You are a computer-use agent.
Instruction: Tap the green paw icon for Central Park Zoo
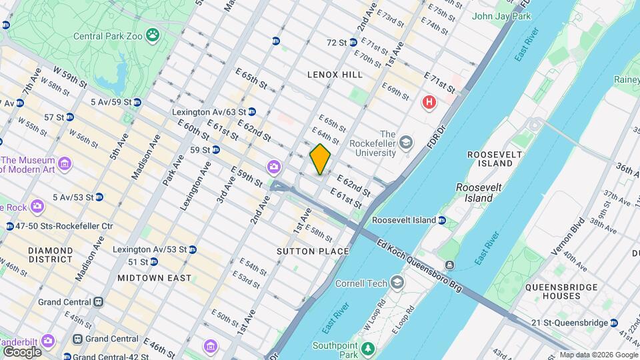[153, 33]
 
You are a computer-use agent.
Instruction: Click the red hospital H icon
[429, 103]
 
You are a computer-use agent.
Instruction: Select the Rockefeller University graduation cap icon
[406, 142]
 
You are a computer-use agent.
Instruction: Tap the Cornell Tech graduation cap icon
[397, 283]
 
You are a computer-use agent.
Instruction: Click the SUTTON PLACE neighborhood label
[313, 251]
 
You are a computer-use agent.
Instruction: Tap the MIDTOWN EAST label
[154, 277]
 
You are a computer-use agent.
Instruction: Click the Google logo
[22, 351]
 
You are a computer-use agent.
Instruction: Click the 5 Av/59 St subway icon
[137, 102]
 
